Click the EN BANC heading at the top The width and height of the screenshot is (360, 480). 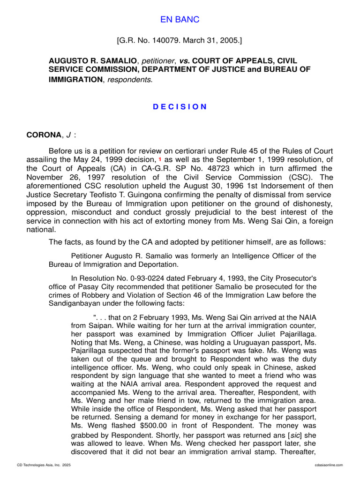pyautogui.click(x=180, y=19)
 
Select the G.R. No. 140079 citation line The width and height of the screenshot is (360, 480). pyautogui.click(x=180, y=41)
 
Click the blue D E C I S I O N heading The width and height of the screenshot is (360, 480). pyautogui.click(x=180, y=106)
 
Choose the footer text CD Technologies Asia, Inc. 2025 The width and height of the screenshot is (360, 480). pyautogui.click(x=44, y=465)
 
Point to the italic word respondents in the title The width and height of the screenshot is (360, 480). pyautogui.click(x=135, y=80)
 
